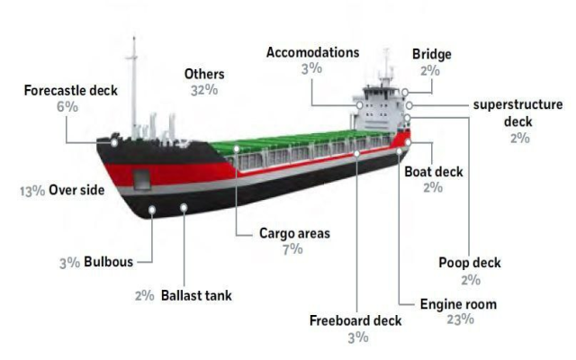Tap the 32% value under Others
click(x=203, y=90)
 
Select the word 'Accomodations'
click(x=312, y=52)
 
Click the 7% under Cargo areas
click(x=292, y=248)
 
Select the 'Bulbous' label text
click(x=108, y=263)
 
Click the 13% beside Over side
click(x=31, y=191)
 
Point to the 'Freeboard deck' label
click(x=356, y=320)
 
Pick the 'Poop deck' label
click(x=469, y=263)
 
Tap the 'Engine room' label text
click(x=458, y=304)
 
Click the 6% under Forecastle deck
click(x=67, y=106)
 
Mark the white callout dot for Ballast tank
click(x=184, y=208)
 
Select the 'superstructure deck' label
click(x=518, y=112)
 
